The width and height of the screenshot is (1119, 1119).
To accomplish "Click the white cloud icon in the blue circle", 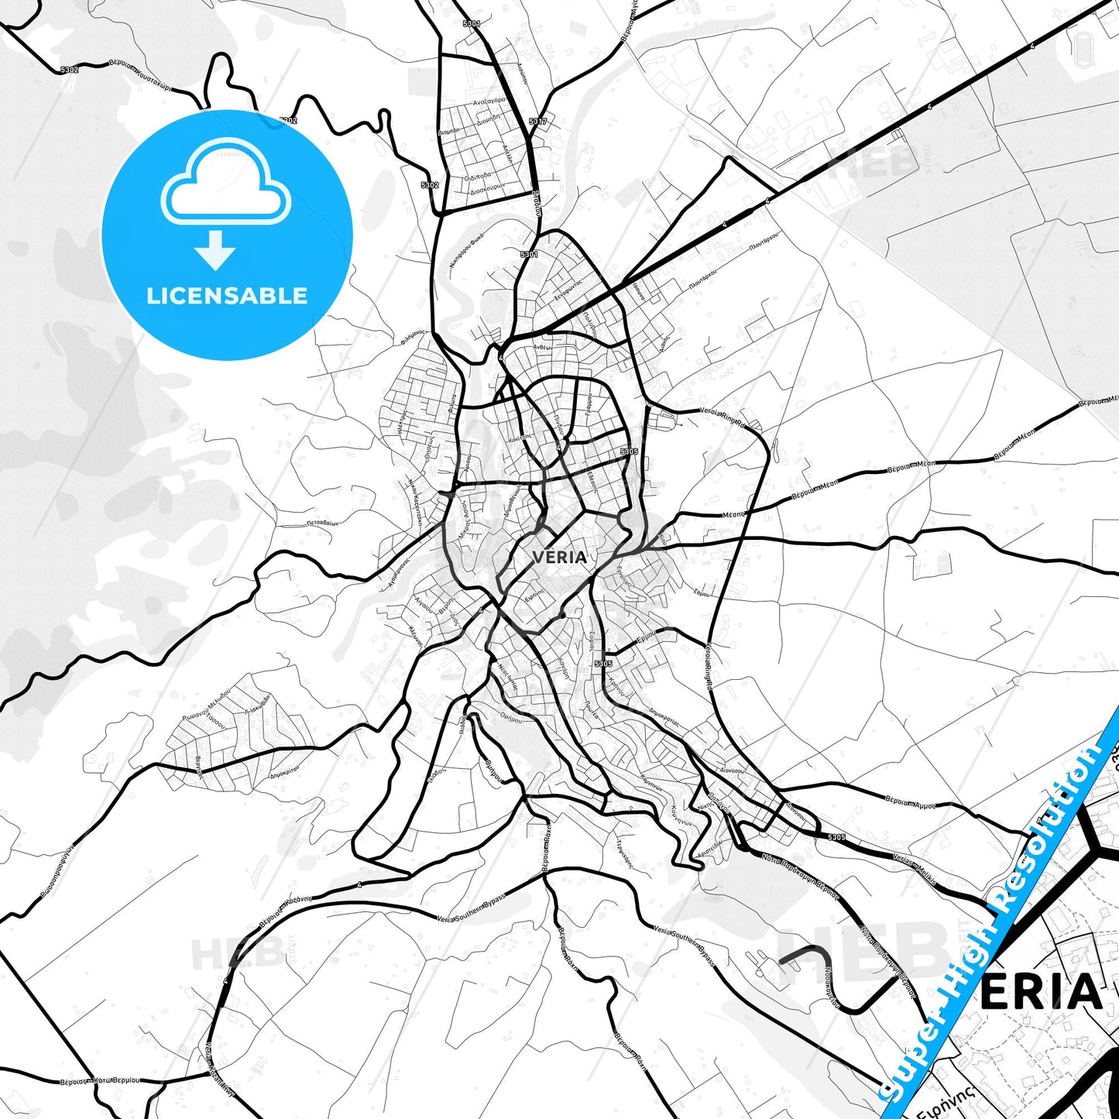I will pyautogui.click(x=225, y=184).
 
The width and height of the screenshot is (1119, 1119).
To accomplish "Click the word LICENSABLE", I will pyautogui.click(x=227, y=296).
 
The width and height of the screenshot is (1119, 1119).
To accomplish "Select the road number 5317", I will pyautogui.click(x=537, y=122).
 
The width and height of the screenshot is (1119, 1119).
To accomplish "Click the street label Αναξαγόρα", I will pyautogui.click(x=489, y=101).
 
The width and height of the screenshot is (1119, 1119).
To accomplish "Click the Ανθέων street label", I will pyautogui.click(x=543, y=348).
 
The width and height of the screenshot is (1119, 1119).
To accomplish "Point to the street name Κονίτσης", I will pyautogui.click(x=520, y=437).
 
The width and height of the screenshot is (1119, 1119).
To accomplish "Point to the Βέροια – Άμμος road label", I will pyautogui.click(x=911, y=801).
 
